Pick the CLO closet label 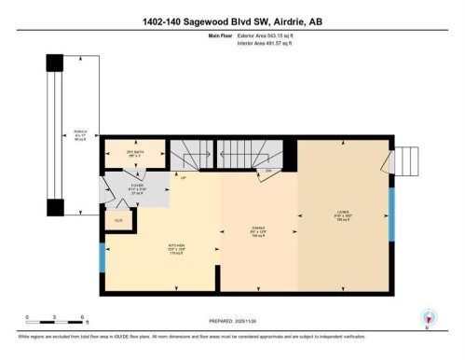(118, 220)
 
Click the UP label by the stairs (185, 177)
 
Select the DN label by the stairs (269, 171)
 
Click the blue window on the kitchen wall (103, 257)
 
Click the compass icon (428, 318)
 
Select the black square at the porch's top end (55, 63)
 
